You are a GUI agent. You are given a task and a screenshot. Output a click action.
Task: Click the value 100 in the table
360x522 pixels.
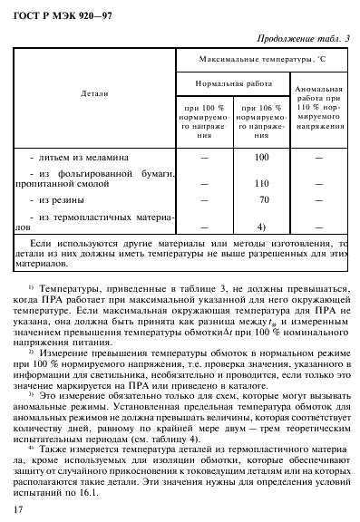(x=263, y=158)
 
